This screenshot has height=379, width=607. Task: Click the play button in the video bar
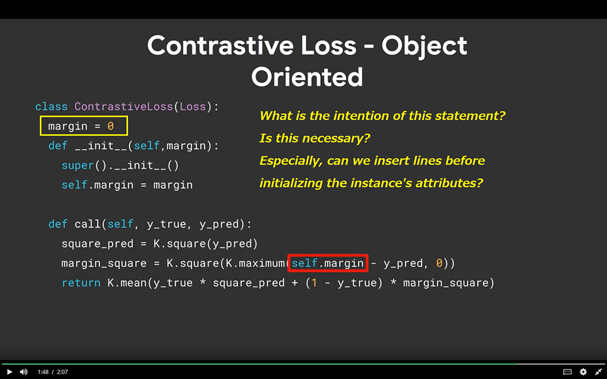(x=9, y=372)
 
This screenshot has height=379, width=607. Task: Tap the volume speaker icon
(x=24, y=372)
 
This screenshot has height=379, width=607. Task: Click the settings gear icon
(x=583, y=372)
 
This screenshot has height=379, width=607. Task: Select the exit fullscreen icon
(x=598, y=372)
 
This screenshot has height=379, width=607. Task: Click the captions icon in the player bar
(x=567, y=372)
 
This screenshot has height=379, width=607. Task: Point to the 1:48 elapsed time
(x=43, y=372)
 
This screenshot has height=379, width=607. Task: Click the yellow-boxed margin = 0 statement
(x=84, y=126)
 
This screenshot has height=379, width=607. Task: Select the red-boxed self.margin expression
(x=327, y=263)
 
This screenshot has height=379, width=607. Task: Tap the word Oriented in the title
(x=307, y=76)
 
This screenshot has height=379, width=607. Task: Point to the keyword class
(x=52, y=107)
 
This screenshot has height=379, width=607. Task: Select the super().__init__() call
(x=120, y=165)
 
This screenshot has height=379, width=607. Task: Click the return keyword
(x=81, y=283)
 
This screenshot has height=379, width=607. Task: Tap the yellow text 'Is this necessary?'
(x=314, y=139)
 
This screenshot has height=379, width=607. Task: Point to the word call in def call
(x=87, y=224)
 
